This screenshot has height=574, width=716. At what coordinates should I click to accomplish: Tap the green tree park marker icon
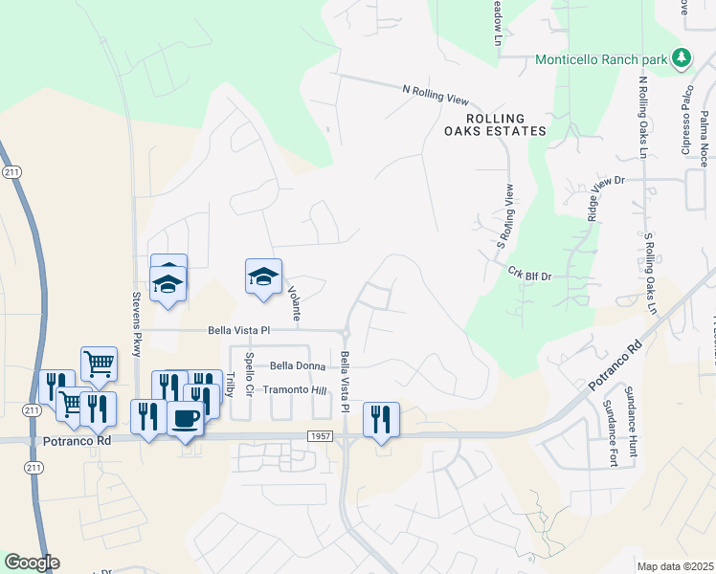pos(682,58)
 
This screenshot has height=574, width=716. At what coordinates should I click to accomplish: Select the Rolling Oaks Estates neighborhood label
pos(494,123)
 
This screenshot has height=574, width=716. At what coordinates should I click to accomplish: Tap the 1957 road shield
pos(321,436)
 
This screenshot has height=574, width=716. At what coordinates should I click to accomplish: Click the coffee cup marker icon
pos(185,418)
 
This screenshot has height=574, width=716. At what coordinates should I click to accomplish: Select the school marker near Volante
pos(264,276)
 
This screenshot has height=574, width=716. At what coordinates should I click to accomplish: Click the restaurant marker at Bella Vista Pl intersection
pos(381,419)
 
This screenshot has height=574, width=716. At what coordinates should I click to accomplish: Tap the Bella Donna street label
pos(298,365)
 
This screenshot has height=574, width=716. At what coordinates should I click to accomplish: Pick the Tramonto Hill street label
pos(295,390)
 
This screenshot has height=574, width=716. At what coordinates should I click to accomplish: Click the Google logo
pos(32,563)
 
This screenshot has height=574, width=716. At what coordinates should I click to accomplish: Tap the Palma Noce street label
pos(704,140)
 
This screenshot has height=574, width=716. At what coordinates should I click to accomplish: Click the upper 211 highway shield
pos(9,172)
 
